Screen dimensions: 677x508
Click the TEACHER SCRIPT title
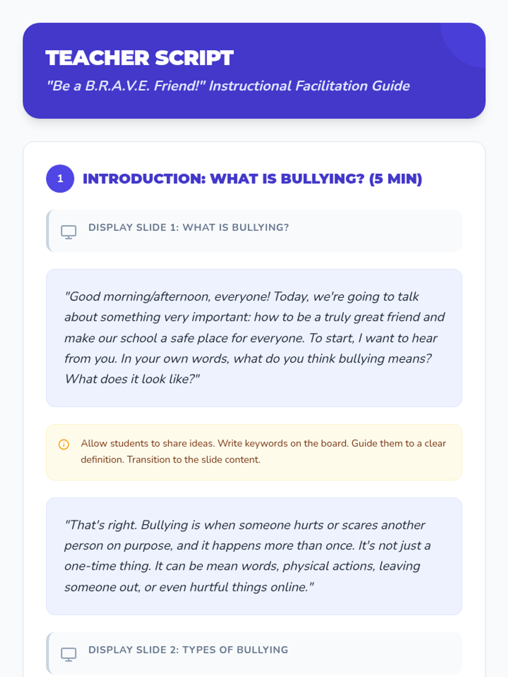(139, 58)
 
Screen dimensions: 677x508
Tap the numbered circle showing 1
(60, 179)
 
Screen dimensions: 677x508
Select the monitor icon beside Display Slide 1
(69, 231)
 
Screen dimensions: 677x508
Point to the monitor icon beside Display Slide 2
(69, 654)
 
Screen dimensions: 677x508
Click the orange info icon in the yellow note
(63, 444)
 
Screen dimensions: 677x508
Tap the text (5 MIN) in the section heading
(395, 179)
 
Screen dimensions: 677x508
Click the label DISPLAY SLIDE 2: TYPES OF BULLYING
(188, 650)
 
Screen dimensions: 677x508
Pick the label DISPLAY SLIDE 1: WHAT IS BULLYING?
(188, 227)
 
